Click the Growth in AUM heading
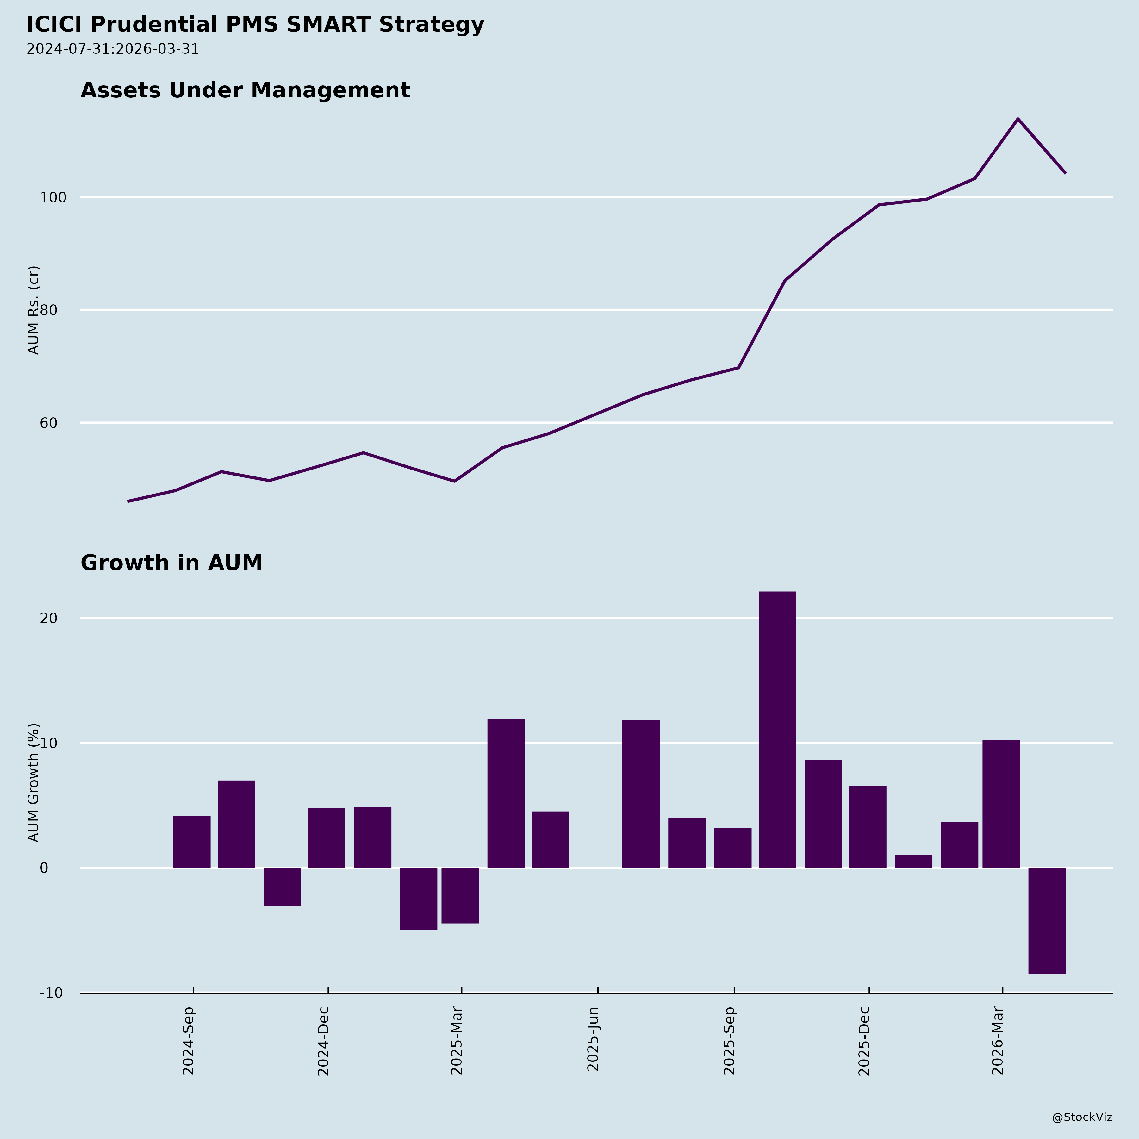pyautogui.click(x=171, y=563)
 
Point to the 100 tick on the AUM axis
pyautogui.click(x=52, y=197)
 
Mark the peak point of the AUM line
pyautogui.click(x=1018, y=119)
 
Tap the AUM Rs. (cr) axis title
pyautogui.click(x=34, y=310)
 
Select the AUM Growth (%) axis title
pyautogui.click(x=34, y=782)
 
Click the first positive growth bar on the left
pyautogui.click(x=192, y=842)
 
